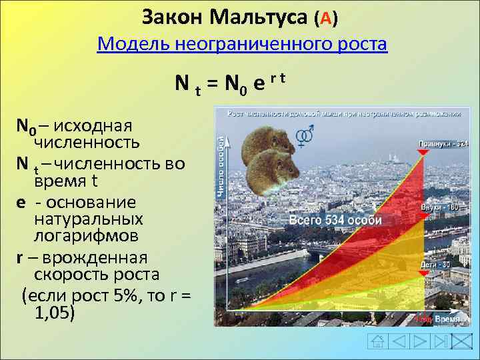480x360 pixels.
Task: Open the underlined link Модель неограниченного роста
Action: click(x=241, y=45)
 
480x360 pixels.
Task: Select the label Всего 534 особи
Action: click(x=335, y=220)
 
